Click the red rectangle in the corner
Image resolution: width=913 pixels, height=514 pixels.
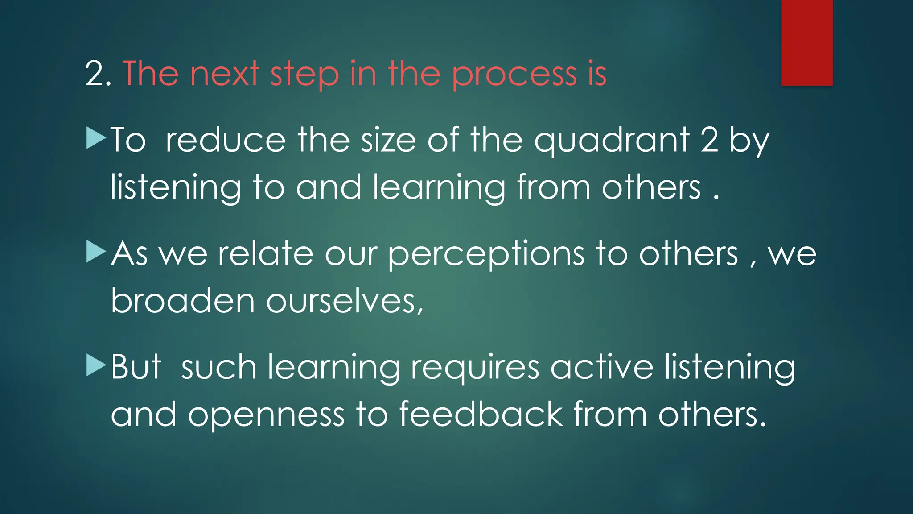[807, 43]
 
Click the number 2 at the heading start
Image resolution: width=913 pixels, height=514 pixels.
[95, 74]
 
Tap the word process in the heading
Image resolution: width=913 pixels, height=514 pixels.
[514, 75]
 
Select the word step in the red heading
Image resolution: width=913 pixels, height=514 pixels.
[304, 75]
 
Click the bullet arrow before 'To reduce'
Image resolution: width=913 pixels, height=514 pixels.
[96, 138]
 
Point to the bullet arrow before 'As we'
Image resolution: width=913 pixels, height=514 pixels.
[96, 252]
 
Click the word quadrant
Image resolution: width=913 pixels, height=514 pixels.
[612, 141]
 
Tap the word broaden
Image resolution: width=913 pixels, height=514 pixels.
[183, 301]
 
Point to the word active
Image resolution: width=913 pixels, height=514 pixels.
[602, 368]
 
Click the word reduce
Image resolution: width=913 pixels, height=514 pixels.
[226, 141]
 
